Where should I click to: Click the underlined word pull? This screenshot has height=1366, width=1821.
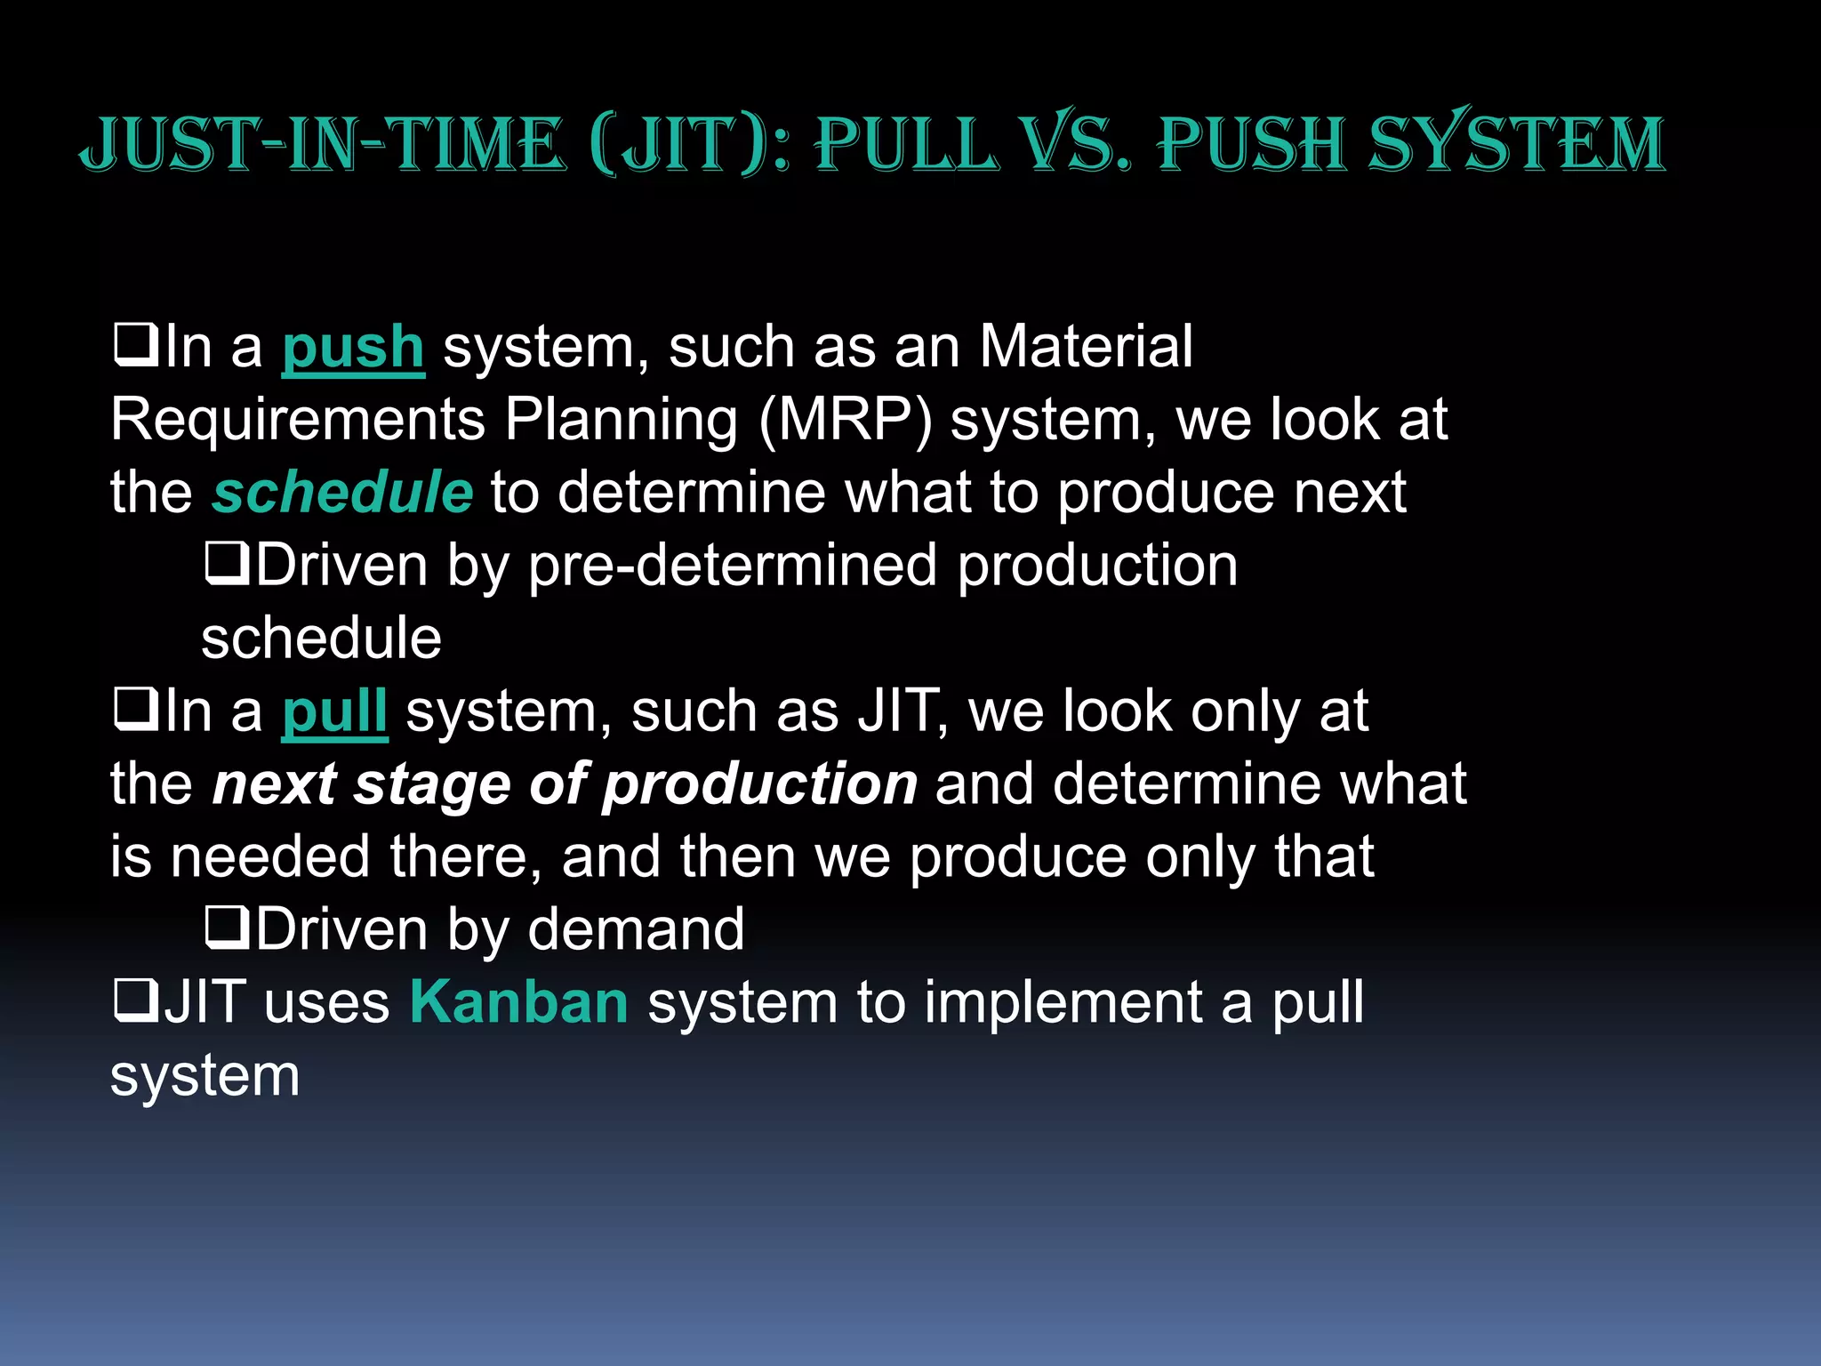(334, 711)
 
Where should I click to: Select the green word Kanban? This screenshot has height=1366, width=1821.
(518, 1002)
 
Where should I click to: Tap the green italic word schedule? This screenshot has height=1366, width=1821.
(342, 493)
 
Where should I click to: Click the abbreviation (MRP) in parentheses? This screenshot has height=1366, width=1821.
(846, 421)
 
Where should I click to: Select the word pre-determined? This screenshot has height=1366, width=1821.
(733, 566)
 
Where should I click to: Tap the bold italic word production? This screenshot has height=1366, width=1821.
(759, 785)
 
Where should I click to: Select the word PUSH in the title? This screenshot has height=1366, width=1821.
(1254, 144)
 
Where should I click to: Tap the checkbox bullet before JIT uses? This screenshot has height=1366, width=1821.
(135, 1000)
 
